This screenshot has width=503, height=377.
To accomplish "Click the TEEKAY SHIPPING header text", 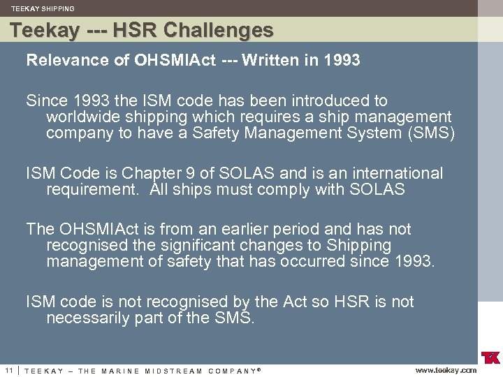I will click(x=43, y=9).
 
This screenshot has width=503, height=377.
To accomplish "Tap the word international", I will click(x=393, y=173).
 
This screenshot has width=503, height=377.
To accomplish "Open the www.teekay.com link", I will click(x=446, y=371).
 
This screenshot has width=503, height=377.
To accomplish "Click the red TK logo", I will click(x=490, y=357).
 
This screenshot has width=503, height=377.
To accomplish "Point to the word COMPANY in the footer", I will click(x=231, y=371).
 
